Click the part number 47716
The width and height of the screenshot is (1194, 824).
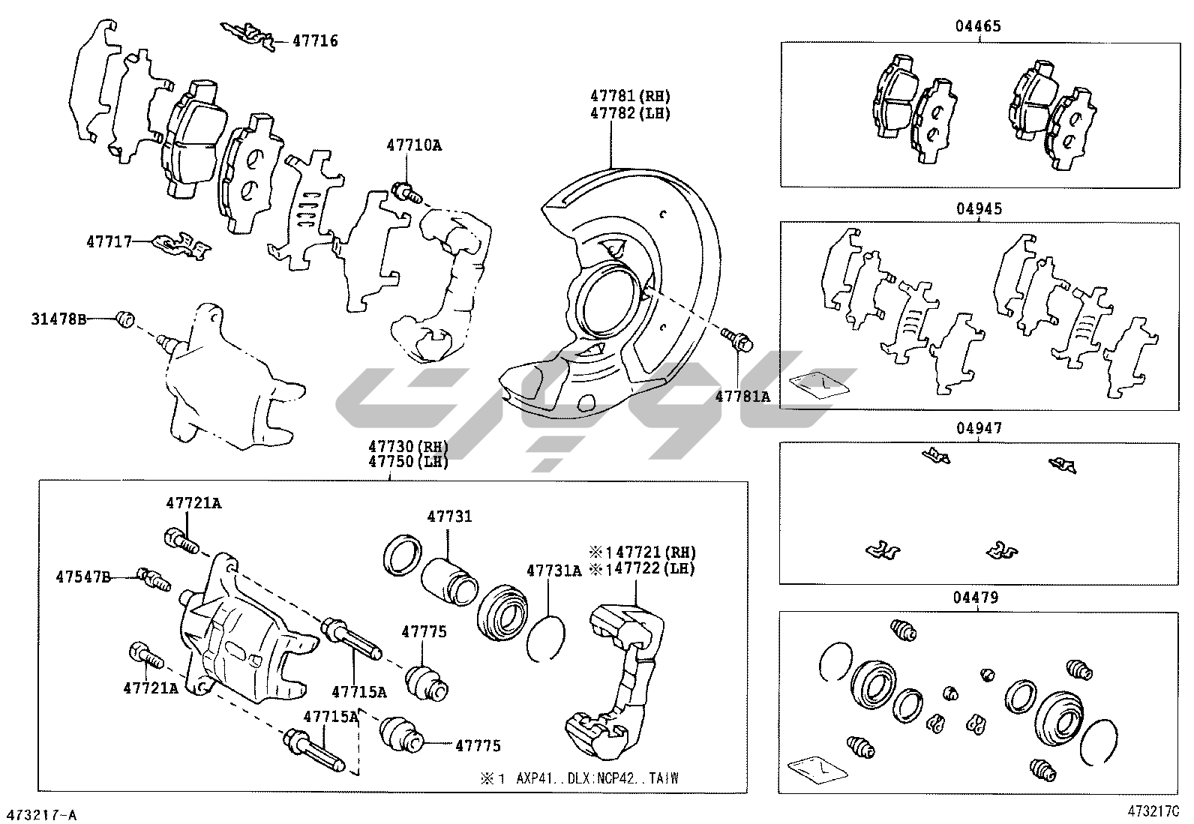pos(315,41)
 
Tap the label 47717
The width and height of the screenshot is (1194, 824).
pos(108,241)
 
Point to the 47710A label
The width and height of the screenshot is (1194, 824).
pos(414,145)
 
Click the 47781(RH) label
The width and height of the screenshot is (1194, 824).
pos(629,96)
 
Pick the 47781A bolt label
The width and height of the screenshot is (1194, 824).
pos(742,397)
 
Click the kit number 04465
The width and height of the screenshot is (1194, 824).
pos(978,27)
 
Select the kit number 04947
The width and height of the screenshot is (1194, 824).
pos(978,428)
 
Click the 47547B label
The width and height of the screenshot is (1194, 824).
pos(82,577)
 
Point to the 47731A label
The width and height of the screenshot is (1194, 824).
pos(553,570)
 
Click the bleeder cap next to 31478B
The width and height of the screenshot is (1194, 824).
pos(125,319)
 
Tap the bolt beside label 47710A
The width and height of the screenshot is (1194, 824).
pos(404,192)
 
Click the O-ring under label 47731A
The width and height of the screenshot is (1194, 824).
pos(546,640)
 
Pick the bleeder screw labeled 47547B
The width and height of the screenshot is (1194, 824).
pos(154,579)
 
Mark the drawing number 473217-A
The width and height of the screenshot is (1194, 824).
pos(42,815)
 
